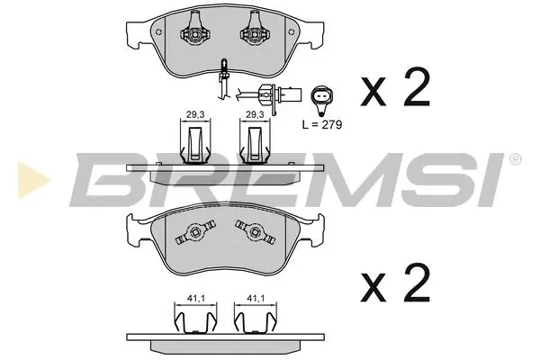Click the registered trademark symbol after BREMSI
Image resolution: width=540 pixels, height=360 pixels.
coord(515,159)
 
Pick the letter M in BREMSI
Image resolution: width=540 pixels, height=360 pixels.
coord(333,179)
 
